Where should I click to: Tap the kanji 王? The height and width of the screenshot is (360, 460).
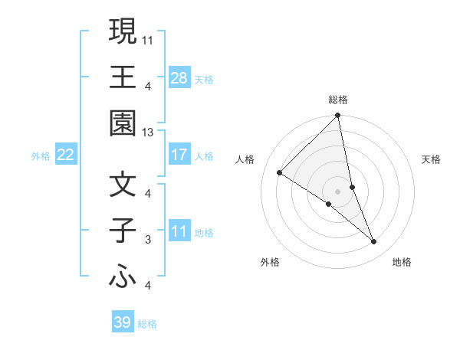[123, 77]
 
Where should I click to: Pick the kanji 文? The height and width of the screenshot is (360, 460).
[123, 185]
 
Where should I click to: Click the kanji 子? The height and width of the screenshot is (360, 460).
[123, 231]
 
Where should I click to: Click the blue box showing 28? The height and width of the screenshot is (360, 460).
[179, 78]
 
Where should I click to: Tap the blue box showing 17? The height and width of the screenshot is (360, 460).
[179, 155]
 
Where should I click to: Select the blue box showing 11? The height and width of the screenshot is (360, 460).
[179, 231]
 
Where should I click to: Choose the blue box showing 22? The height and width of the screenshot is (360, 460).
[65, 155]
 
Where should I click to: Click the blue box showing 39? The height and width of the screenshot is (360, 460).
[122, 322]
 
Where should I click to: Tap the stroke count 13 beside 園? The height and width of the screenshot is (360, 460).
[147, 133]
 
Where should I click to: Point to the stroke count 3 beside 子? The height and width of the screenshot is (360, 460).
[147, 240]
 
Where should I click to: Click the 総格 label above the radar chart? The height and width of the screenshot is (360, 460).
[338, 100]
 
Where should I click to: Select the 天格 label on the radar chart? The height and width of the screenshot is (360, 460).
[431, 159]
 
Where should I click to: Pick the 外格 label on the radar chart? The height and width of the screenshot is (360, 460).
[269, 262]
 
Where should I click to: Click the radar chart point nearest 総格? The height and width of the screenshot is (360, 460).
[338, 116]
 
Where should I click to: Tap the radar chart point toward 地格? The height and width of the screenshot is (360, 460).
[374, 242]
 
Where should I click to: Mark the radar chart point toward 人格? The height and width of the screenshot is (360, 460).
[280, 173]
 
